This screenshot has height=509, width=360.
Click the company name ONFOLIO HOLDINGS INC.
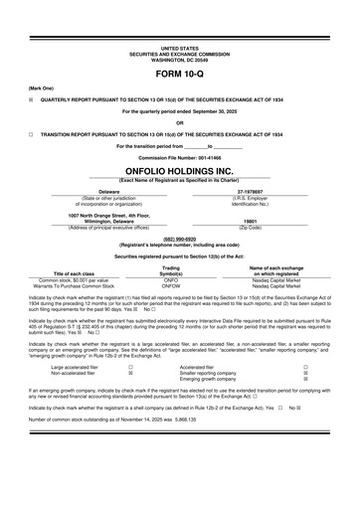click(179, 170)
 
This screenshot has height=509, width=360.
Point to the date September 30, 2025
click(210, 111)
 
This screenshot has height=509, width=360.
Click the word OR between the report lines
click(179, 122)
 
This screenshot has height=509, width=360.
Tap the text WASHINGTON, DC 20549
click(179, 58)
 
